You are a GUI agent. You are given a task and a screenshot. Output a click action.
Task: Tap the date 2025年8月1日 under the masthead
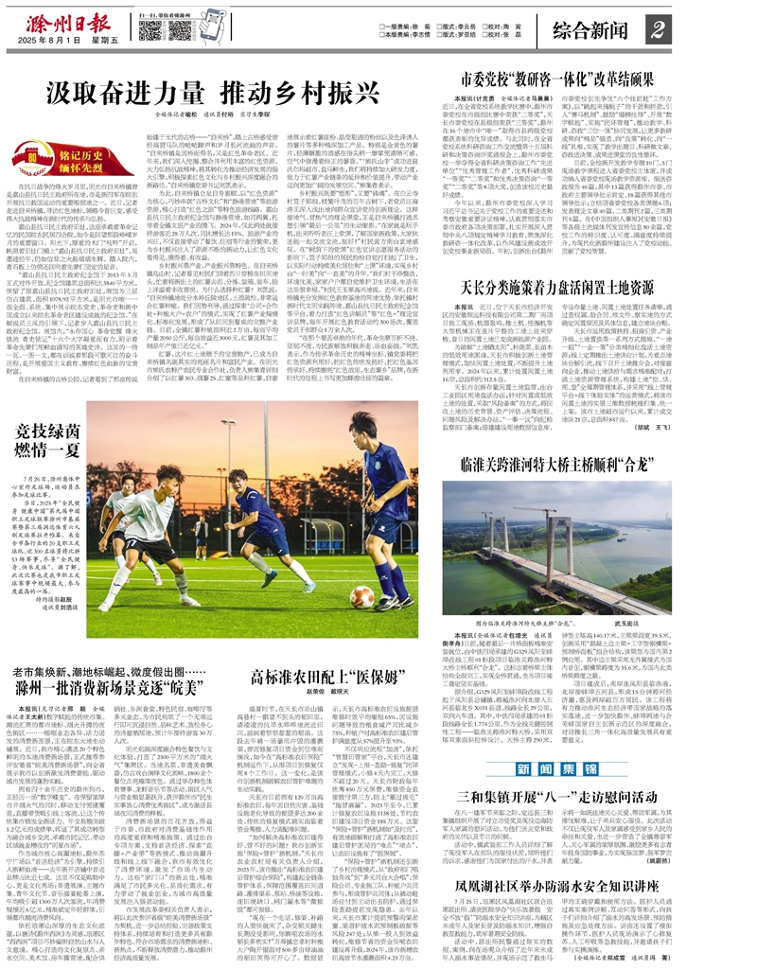pyautogui.click(x=56, y=44)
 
